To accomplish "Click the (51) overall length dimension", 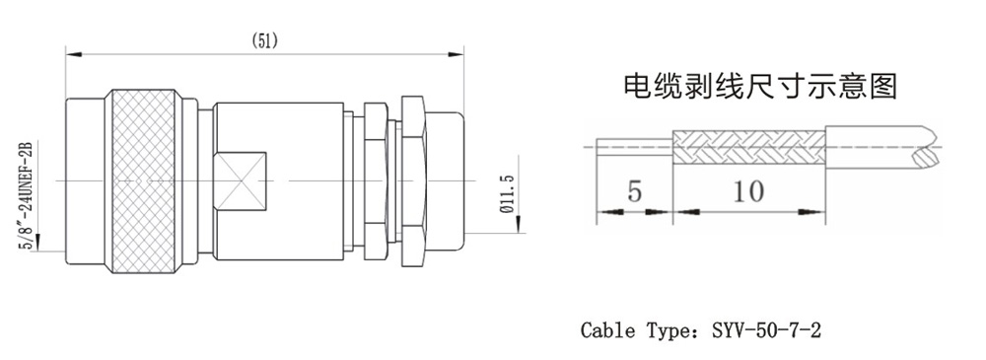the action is pos(264,40).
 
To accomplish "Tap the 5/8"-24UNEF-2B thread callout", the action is pos(27,195).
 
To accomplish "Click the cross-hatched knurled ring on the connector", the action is pos(140,181).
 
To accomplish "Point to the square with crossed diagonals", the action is pos(241,181).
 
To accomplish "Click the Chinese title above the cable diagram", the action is pos(759,86).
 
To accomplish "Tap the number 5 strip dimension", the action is pos(634,190).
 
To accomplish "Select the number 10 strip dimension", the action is pos(748,190).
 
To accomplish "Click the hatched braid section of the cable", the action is pos(749,147).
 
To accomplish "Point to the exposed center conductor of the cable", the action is pos(634,147).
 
